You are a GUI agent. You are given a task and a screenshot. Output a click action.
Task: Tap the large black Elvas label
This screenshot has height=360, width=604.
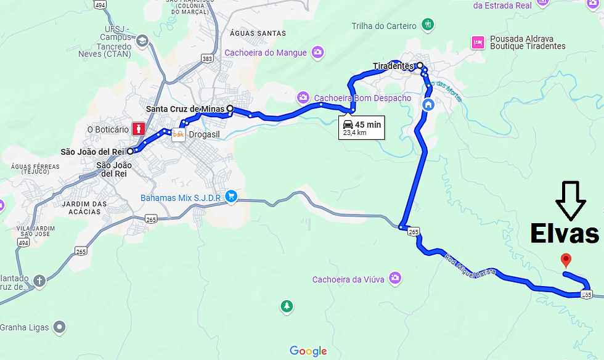point(565,234)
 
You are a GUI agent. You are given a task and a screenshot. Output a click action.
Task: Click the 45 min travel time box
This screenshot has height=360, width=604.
point(362,128)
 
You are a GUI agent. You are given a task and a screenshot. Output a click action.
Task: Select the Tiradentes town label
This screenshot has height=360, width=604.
point(393,66)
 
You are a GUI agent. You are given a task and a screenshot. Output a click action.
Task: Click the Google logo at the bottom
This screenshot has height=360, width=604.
point(308,351)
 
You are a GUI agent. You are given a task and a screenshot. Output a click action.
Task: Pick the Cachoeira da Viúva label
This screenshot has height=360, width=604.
point(348,279)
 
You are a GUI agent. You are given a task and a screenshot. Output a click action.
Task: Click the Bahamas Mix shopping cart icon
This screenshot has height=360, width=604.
point(231,197)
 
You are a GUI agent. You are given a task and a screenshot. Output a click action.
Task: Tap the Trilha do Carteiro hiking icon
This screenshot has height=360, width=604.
point(428,25)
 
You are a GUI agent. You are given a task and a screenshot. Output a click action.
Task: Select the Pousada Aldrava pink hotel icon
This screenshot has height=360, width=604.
point(477,42)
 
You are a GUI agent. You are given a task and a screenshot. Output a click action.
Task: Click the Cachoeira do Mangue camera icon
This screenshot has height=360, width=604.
point(317,52)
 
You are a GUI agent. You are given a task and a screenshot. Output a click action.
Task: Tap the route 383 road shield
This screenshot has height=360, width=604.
point(207,58)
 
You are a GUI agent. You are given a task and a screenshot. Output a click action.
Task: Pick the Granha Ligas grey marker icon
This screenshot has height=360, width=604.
point(60,327)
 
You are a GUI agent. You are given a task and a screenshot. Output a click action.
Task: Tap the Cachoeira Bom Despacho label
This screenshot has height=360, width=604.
point(362,98)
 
